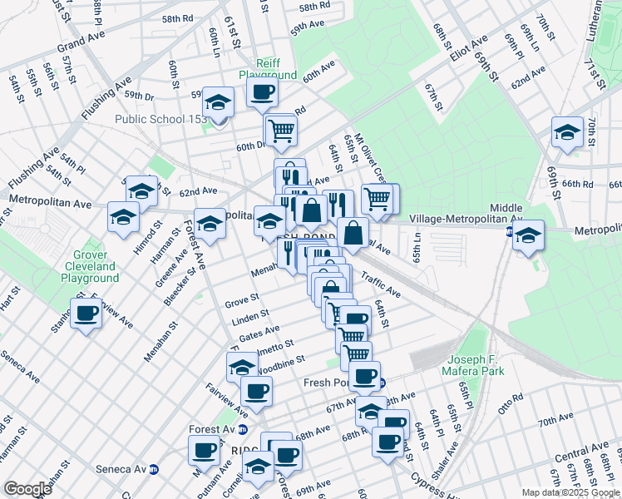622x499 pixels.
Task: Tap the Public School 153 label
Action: [161, 119]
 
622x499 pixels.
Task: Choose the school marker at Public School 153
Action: [219, 103]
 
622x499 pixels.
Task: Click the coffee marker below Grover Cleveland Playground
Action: [86, 314]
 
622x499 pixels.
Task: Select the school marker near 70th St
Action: [568, 133]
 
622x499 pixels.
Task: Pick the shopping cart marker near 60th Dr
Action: [281, 130]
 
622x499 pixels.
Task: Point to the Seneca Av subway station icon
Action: [176, 469]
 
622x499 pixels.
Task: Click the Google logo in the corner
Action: [27, 489]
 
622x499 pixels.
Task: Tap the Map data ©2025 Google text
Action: [571, 492]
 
